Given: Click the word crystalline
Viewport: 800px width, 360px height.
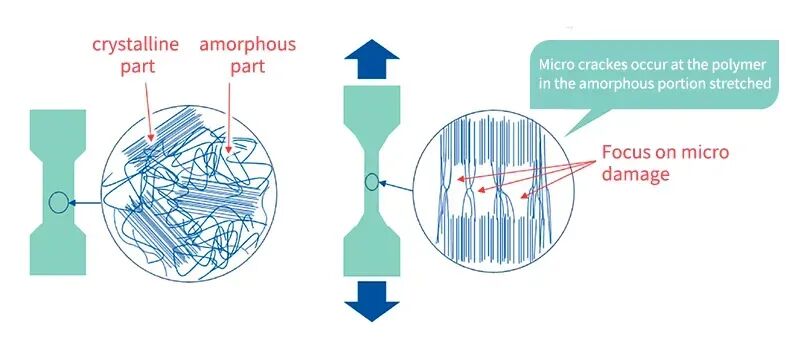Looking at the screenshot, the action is [136, 44].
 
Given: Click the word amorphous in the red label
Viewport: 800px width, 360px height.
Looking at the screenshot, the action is [247, 44].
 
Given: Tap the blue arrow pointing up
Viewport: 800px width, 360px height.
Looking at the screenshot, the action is [371, 58].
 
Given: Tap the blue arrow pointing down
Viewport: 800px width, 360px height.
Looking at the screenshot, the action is [371, 301].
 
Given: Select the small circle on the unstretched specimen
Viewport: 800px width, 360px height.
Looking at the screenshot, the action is [59, 202].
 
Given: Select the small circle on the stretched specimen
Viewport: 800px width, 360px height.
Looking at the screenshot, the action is [371, 182].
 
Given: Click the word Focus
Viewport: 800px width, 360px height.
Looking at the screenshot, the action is [626, 152].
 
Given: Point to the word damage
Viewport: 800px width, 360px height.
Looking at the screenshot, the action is [635, 174].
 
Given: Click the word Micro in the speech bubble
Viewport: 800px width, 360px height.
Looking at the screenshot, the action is [554, 65].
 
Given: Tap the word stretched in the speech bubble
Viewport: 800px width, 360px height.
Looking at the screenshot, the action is [744, 83].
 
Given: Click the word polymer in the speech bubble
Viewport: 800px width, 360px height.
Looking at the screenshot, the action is [745, 65].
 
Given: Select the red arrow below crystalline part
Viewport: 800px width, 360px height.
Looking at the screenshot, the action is [149, 111].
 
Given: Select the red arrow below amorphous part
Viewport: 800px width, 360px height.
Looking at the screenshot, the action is [229, 118].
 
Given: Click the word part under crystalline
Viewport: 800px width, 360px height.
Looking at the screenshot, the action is [137, 67].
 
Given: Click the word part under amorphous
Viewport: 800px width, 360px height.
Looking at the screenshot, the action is [247, 67].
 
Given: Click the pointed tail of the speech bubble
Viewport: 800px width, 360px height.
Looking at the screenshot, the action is [564, 135].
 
